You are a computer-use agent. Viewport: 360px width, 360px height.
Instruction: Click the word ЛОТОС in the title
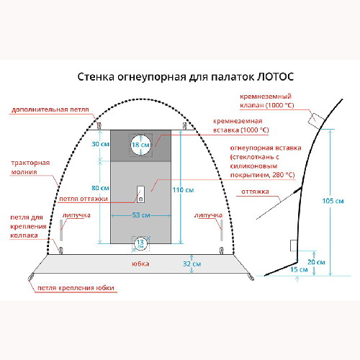[x=275, y=77]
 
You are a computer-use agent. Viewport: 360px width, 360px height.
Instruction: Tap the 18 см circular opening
[x=141, y=145]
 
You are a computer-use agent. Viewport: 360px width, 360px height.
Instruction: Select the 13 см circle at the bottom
[x=140, y=244]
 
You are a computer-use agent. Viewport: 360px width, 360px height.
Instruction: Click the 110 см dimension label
[x=183, y=190]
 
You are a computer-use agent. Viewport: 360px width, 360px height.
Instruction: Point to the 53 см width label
[x=141, y=215]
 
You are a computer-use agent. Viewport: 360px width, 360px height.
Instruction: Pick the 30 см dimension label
[x=100, y=144]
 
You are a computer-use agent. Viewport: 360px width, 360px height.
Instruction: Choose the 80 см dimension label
[x=100, y=188]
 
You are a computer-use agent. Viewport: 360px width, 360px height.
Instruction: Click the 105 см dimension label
[x=333, y=201]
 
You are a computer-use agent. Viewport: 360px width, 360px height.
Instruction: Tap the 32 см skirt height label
[x=192, y=264]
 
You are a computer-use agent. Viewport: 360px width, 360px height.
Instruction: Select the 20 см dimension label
[x=316, y=262]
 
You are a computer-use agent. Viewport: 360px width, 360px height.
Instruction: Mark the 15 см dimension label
[x=299, y=269]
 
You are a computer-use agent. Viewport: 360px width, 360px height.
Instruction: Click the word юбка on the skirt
[x=140, y=264]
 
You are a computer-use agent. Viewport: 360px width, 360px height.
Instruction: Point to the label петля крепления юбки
[x=76, y=288]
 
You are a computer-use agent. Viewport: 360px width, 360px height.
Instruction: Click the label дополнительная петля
[x=50, y=109]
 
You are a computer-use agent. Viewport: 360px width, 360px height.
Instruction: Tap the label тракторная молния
[x=30, y=167]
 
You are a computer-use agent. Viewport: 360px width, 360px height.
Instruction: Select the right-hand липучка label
[x=208, y=215]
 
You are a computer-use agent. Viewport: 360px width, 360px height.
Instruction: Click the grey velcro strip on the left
[x=61, y=230]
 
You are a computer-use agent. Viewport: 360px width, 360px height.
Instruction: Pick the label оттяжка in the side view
[x=255, y=192]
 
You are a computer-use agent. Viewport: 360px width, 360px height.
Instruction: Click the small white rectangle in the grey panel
[x=140, y=194]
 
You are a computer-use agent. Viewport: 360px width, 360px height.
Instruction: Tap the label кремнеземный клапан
[x=266, y=101]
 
